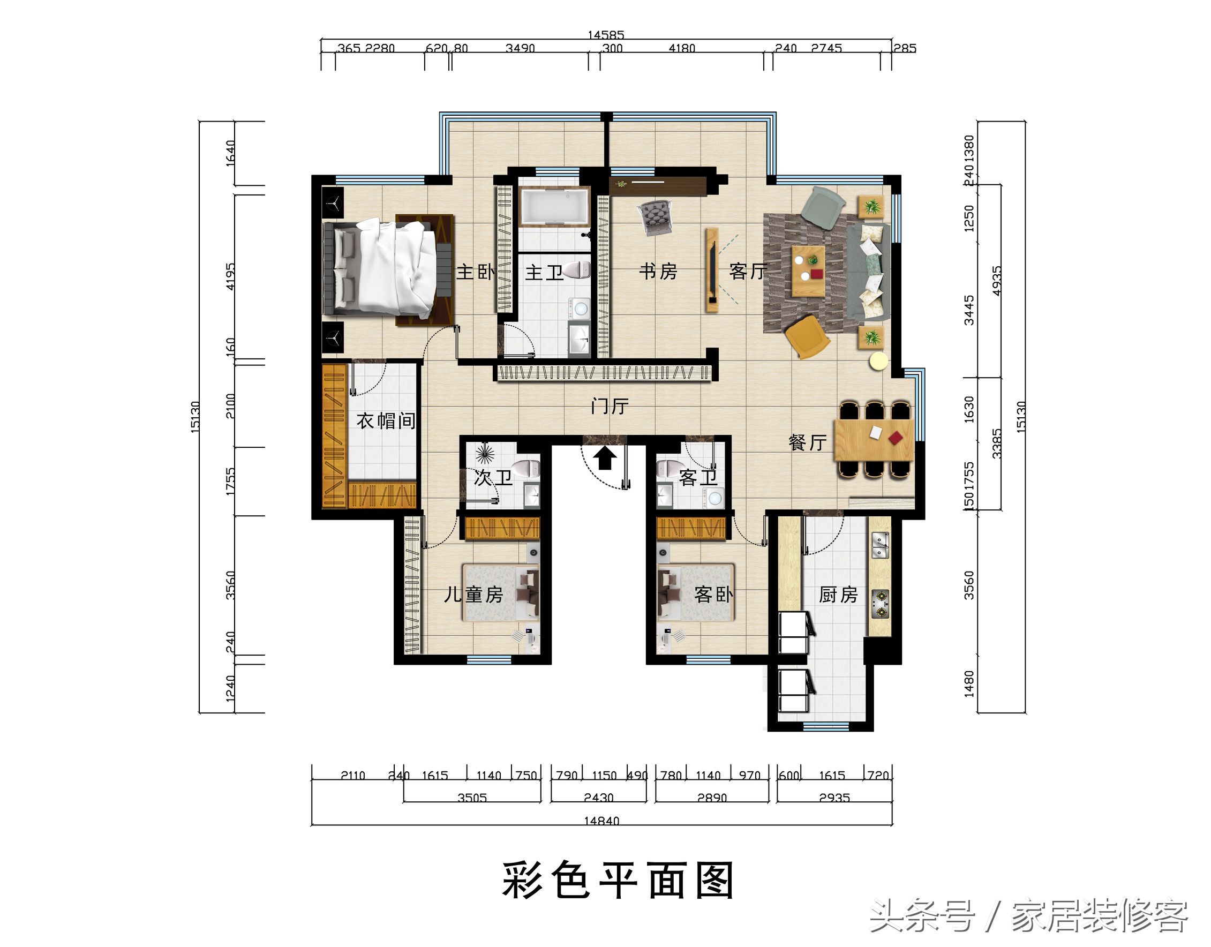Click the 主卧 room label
(x=475, y=272)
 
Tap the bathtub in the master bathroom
(x=555, y=207)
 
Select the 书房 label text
(x=658, y=271)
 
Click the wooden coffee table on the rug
(x=808, y=270)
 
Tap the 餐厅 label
(x=807, y=442)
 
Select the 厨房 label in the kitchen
(x=838, y=595)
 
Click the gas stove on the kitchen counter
(x=879, y=604)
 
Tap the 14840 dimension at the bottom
(x=601, y=821)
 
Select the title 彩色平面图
(x=618, y=881)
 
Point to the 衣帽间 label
(x=386, y=421)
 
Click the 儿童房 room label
(x=473, y=595)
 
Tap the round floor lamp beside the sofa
(x=878, y=361)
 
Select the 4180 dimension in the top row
(x=681, y=48)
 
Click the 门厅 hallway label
(x=610, y=407)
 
